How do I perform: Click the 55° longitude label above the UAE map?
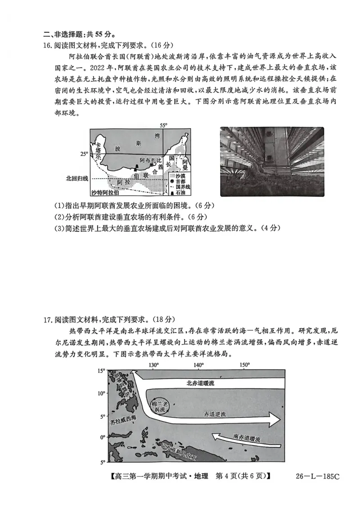(163, 125)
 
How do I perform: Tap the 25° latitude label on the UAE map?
(84, 154)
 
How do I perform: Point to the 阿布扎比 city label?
(150, 160)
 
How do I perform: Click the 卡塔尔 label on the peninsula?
(95, 150)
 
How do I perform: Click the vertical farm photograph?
(272, 162)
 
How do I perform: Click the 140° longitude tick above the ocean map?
(198, 365)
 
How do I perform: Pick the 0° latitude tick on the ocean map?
(102, 437)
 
